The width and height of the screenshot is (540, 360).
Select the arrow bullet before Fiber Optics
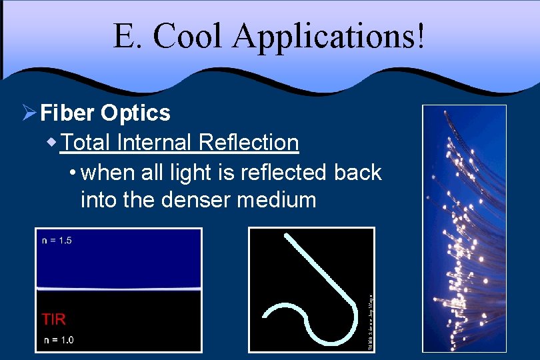(x=28, y=113)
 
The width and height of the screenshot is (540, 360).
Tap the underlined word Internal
(x=153, y=142)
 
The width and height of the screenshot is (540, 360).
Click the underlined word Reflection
(x=248, y=142)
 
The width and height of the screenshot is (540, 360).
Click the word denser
(x=197, y=199)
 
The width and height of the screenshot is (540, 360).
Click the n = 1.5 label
(x=57, y=241)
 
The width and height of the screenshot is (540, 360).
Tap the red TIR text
(x=54, y=319)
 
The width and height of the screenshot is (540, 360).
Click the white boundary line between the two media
(x=118, y=289)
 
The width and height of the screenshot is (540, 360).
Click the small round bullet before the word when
(x=72, y=173)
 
